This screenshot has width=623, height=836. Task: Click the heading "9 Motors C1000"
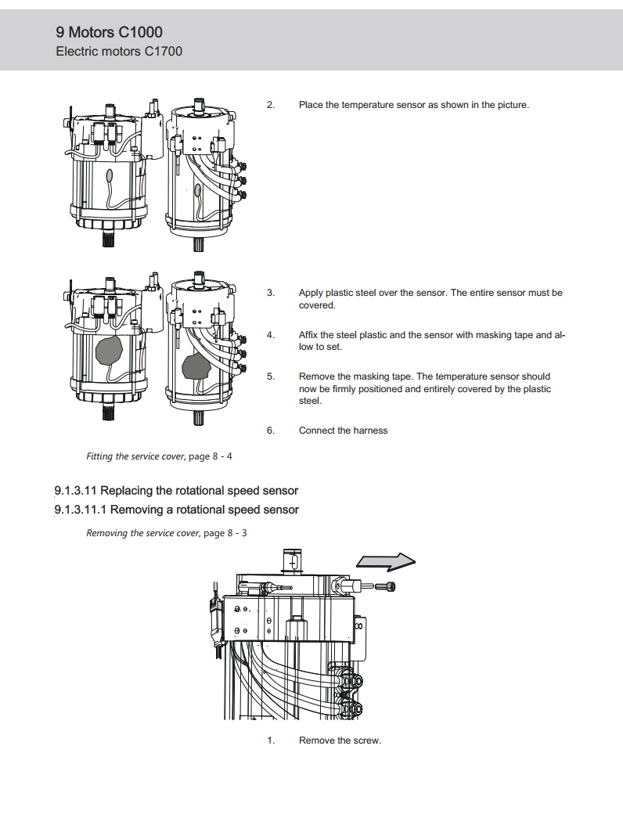(110, 32)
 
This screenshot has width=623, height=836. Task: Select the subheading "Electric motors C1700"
(119, 52)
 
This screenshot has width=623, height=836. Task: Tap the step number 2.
(270, 105)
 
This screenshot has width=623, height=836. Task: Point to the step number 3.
(270, 293)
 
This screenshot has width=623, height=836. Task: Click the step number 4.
(270, 335)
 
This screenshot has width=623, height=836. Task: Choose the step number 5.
(270, 377)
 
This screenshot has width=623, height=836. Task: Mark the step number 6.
(270, 431)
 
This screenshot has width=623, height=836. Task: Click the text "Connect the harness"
(343, 431)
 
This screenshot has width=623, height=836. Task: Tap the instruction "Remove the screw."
(340, 741)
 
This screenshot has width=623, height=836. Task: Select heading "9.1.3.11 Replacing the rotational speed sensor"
(176, 491)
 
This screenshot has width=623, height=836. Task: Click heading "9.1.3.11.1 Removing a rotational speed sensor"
(176, 510)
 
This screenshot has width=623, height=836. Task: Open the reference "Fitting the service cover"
(135, 456)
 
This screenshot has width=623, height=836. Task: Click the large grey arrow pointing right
(385, 562)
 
